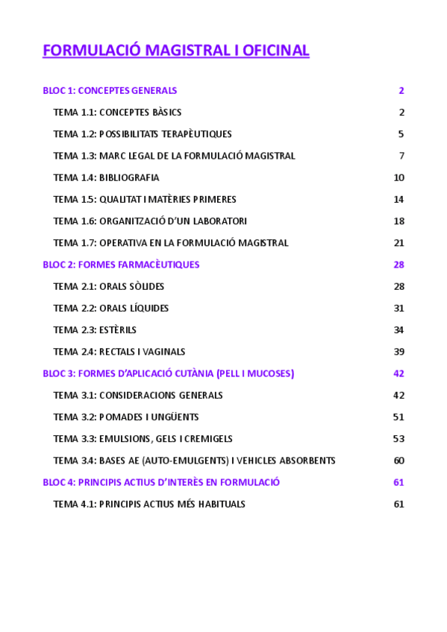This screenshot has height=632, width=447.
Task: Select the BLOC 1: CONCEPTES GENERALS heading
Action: click(110, 91)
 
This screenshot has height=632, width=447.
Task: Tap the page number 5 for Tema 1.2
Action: click(401, 134)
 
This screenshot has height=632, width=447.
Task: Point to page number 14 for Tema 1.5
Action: click(398, 199)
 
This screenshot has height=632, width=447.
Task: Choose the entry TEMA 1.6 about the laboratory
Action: click(150, 221)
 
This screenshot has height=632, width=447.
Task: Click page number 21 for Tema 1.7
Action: click(398, 243)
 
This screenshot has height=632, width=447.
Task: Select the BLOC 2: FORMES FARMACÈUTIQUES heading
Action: click(121, 265)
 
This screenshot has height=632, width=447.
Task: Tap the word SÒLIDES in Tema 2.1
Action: click(146, 286)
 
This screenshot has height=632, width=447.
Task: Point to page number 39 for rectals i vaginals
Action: click(398, 352)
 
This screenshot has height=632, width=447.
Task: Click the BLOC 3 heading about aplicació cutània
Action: click(168, 373)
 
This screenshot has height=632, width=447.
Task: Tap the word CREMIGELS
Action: click(207, 439)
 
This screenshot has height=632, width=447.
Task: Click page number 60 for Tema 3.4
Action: click(398, 461)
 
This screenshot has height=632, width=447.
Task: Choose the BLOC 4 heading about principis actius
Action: click(161, 482)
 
